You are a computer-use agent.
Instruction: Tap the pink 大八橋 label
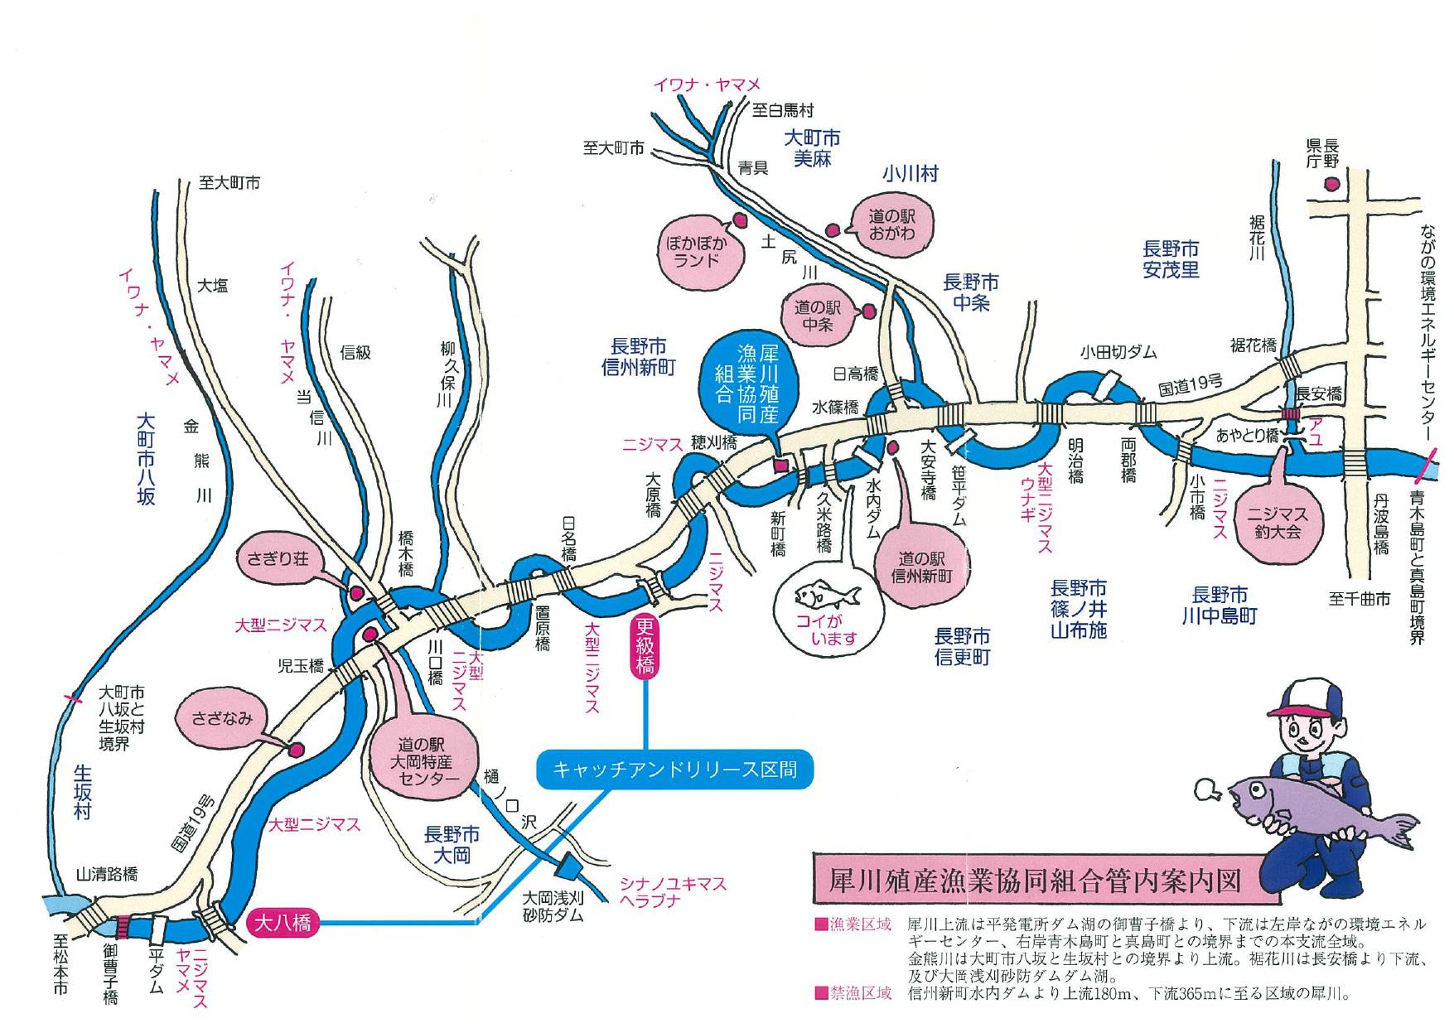(282, 922)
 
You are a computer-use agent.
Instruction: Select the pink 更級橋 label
(645, 647)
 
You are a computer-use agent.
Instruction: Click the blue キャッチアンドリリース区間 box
(674, 770)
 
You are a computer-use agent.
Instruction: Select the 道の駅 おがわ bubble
(891, 224)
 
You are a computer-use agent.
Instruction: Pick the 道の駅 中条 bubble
(818, 316)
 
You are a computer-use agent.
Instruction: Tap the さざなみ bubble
(221, 718)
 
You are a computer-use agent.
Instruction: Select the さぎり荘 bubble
(278, 559)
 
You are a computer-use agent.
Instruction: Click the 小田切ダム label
(1118, 352)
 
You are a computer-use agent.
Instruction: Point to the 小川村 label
(910, 173)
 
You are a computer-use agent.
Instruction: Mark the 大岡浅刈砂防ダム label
(553, 906)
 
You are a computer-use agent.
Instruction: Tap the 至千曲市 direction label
(1359, 599)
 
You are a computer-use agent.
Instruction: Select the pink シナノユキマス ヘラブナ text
(673, 892)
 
